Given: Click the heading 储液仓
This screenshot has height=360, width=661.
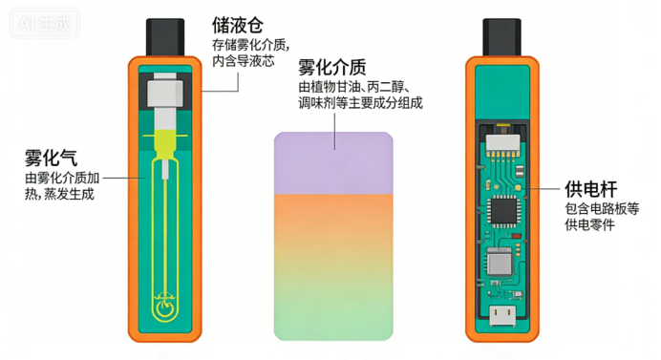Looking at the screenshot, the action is [x=237, y=25].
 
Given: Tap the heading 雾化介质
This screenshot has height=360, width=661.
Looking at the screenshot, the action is [x=332, y=67].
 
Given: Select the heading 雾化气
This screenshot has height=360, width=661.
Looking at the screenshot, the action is [x=51, y=159].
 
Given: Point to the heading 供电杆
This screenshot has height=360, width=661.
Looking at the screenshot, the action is [x=591, y=189].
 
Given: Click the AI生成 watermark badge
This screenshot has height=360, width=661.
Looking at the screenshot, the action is [x=44, y=23].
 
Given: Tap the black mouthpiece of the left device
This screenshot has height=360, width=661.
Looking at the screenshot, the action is [x=165, y=37].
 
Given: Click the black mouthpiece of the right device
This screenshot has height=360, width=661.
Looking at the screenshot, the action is [x=501, y=37].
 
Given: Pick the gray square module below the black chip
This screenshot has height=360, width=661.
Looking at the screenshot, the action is [x=500, y=262].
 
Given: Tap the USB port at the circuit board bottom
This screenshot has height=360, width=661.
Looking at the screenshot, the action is [x=502, y=316].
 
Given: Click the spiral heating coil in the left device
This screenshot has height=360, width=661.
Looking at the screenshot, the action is [x=165, y=306].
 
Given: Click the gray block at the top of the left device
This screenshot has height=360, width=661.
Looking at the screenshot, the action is [x=165, y=93].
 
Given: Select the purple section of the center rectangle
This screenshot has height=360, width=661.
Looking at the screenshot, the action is [x=333, y=162].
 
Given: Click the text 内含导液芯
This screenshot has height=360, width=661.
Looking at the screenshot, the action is [x=244, y=61].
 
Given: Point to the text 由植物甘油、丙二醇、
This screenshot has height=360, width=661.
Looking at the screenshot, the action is [x=354, y=87].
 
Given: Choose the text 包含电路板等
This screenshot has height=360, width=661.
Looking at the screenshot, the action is [x=602, y=208].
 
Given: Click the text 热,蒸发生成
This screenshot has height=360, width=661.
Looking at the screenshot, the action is [x=59, y=194].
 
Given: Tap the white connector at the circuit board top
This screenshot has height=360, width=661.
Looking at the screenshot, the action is [x=503, y=143].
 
